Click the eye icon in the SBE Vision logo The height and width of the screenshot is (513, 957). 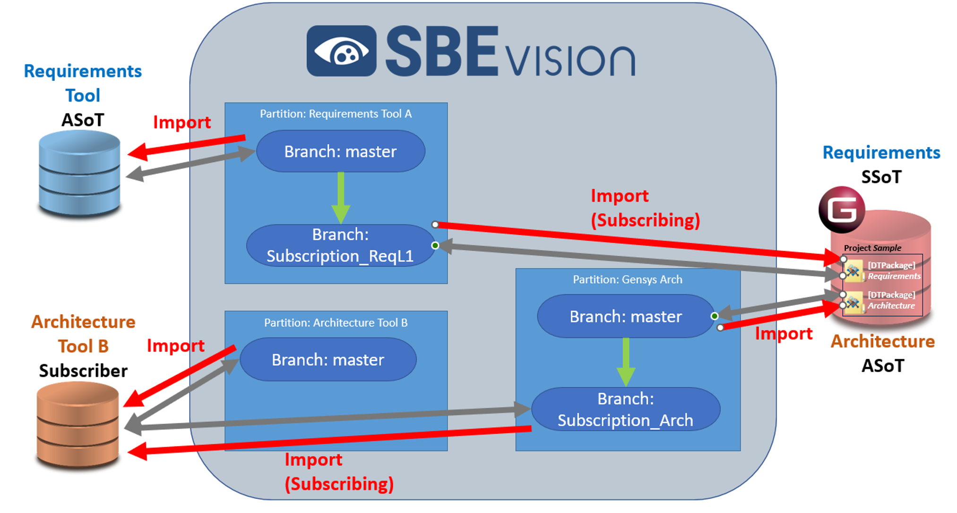[x=342, y=51]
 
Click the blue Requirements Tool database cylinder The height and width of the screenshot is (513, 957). [x=79, y=174]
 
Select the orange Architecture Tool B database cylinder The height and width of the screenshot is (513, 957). [x=78, y=425]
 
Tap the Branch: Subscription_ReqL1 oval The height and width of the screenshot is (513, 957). [x=340, y=245]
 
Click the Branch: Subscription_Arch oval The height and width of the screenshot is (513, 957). [x=625, y=409]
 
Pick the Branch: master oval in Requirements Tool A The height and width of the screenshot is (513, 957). [x=340, y=151]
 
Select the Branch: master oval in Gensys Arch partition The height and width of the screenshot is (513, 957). [x=625, y=316]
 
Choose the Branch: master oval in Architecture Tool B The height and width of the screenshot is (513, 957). [x=328, y=360]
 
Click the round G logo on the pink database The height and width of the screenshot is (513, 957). [x=842, y=209]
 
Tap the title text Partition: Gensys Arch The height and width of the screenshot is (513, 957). [x=627, y=279]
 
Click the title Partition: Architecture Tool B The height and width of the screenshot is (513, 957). [x=336, y=323]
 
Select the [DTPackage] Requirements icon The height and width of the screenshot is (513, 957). [x=853, y=271]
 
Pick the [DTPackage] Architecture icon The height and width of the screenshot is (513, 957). [x=853, y=302]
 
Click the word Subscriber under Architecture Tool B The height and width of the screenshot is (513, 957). [x=83, y=371]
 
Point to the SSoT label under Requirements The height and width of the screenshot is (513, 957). [x=881, y=177]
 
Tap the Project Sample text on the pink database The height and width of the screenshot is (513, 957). [x=872, y=248]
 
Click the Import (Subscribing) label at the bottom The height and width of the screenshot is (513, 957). [x=338, y=472]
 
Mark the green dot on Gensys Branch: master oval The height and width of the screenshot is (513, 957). [x=715, y=316]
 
